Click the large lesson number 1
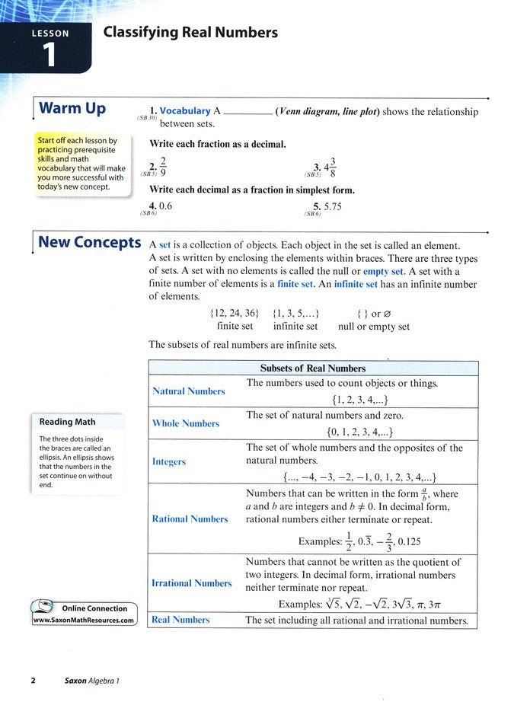point(49,56)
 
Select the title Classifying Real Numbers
point(190,33)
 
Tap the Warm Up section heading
point(72,109)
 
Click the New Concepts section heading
point(89,243)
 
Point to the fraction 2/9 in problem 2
point(161,167)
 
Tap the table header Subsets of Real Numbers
point(312,368)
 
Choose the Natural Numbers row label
point(189,391)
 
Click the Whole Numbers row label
point(186,424)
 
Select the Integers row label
point(169,462)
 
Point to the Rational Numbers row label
point(190,519)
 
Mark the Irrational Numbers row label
point(192,583)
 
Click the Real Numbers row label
point(180,620)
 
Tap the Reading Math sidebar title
point(68,422)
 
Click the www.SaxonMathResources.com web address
point(84,620)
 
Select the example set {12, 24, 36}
point(234,313)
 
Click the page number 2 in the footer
point(34,681)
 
